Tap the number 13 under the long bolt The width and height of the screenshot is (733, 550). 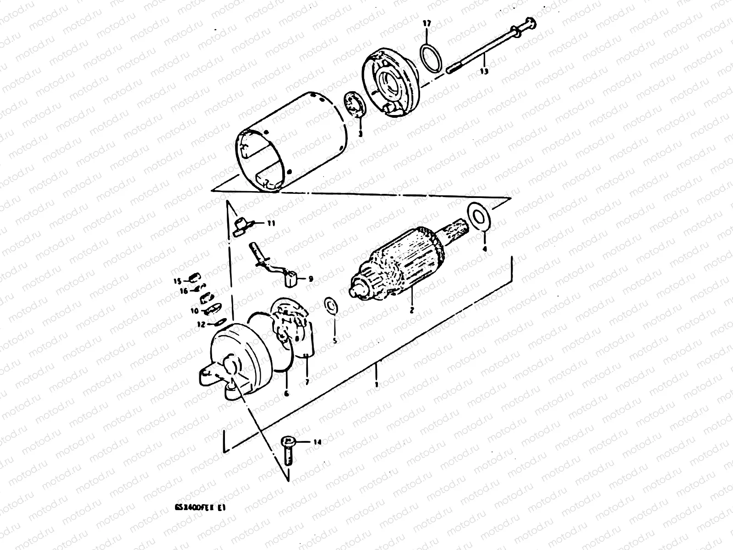484,71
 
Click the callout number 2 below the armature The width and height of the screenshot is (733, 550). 411,310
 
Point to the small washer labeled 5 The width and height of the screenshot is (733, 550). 330,306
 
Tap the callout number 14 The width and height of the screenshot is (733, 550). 317,442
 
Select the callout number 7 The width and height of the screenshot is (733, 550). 306,381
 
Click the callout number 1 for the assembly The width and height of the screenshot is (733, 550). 376,385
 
